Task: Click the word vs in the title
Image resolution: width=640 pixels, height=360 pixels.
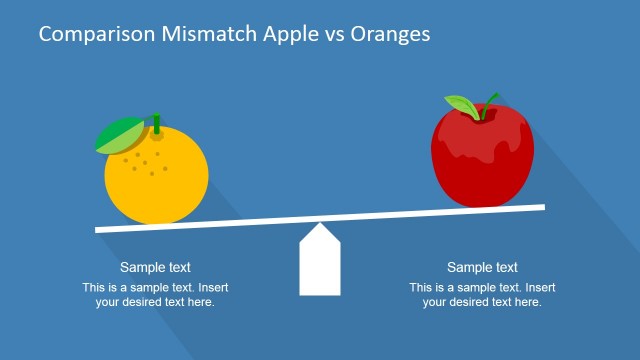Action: click(x=333, y=35)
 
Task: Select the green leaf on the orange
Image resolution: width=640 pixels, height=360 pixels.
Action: click(x=119, y=136)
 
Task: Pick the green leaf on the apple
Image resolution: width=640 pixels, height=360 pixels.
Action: click(x=461, y=106)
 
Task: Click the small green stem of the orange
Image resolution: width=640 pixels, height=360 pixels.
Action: click(x=155, y=123)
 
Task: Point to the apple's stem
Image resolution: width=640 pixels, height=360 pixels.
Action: click(x=491, y=102)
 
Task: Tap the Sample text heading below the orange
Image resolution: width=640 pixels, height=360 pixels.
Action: click(x=155, y=267)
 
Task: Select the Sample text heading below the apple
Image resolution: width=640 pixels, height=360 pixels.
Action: click(x=482, y=267)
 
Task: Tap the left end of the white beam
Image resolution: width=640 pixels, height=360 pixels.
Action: click(x=100, y=229)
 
